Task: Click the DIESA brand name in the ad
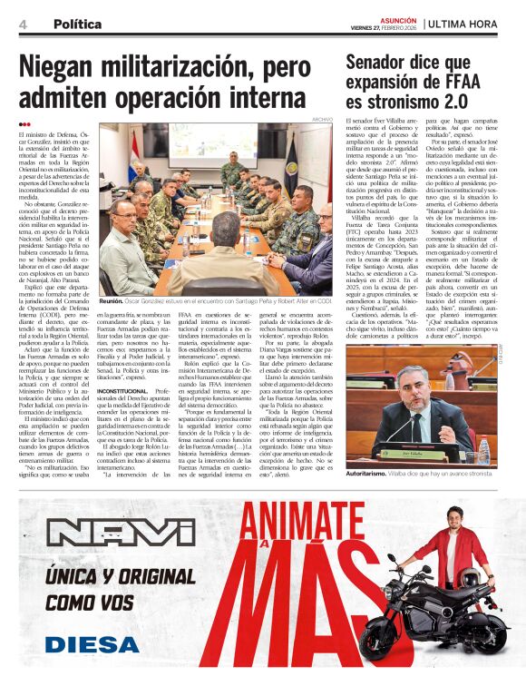(x=84, y=644)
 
